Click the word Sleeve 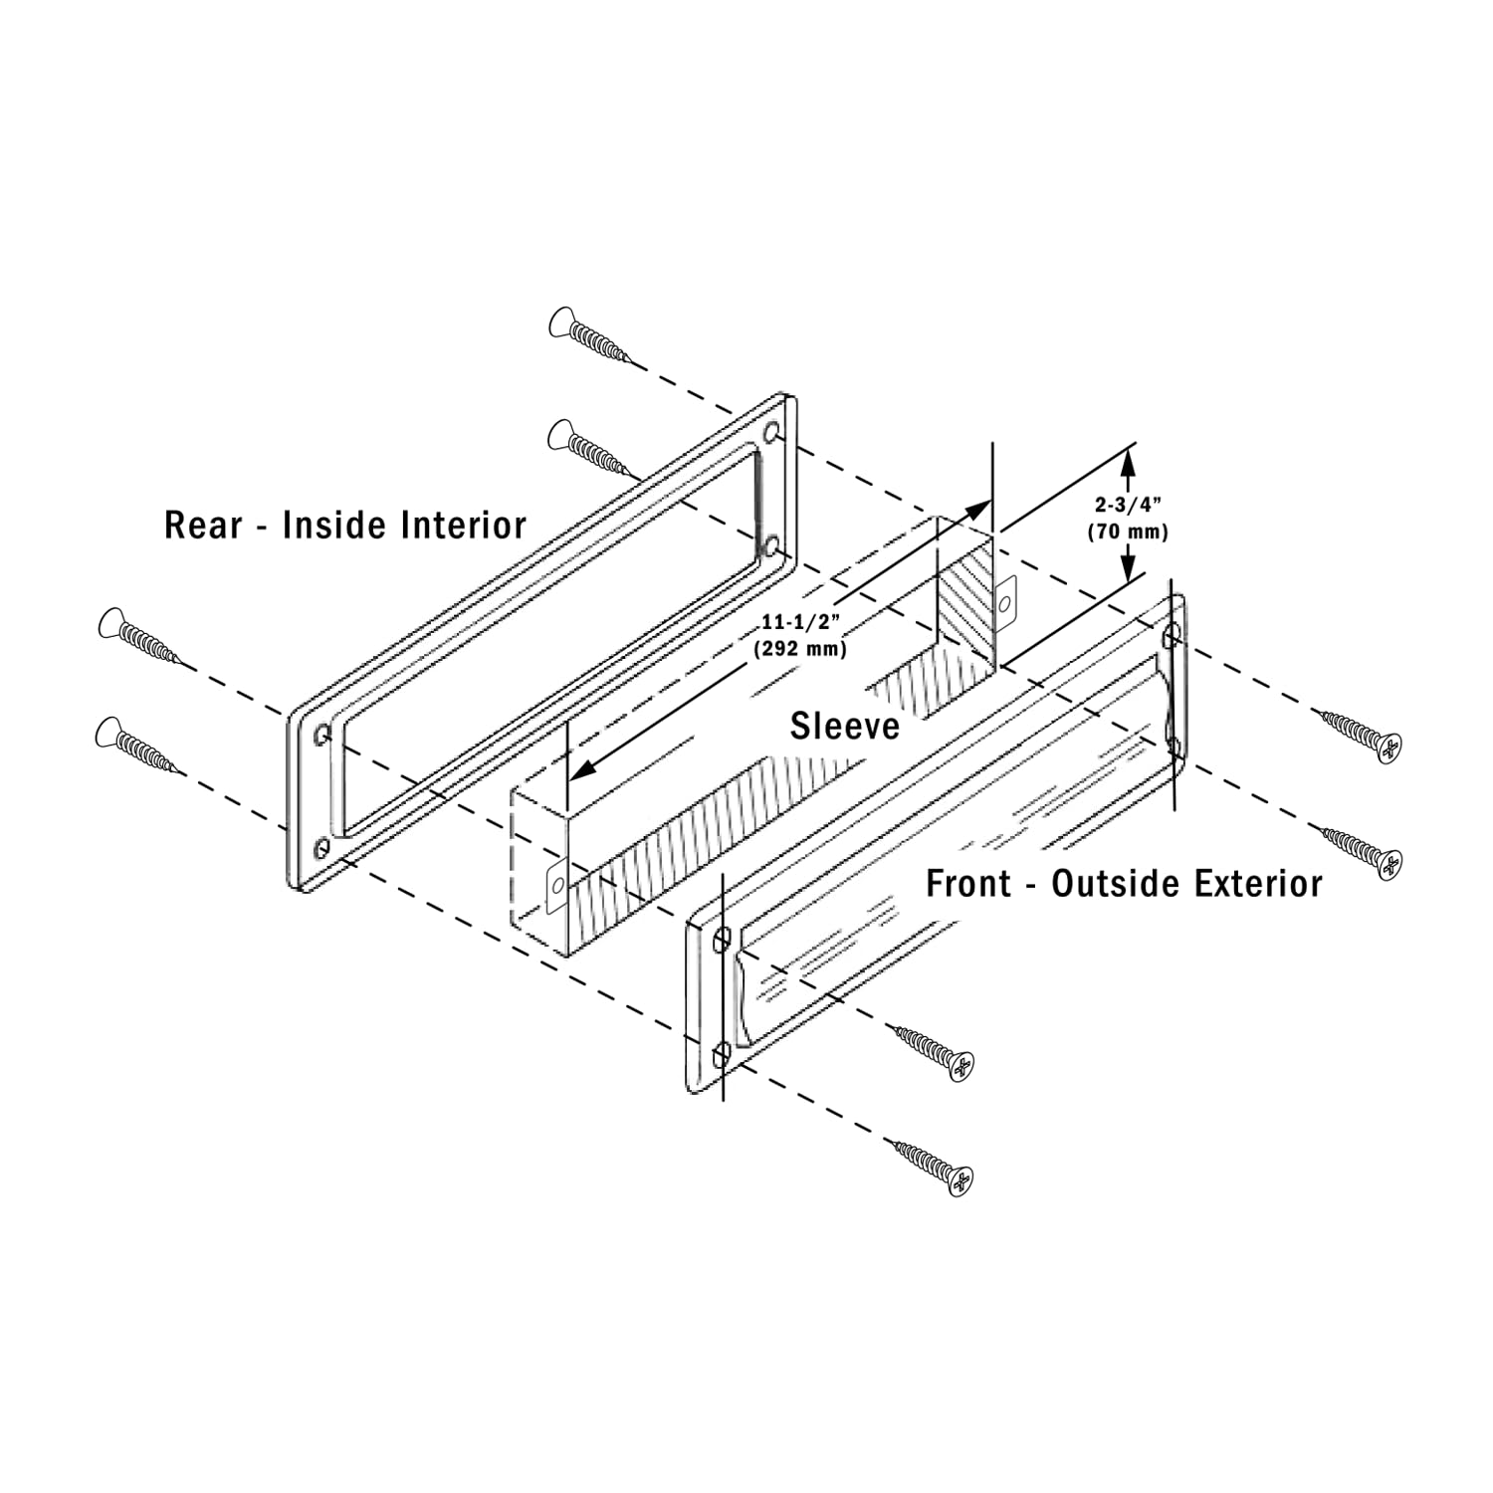click(x=845, y=726)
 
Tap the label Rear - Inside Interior click(x=344, y=525)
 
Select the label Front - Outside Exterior click(x=1124, y=883)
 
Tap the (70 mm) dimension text click(x=1127, y=532)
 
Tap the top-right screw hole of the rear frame click(x=771, y=436)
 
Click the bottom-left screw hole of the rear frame click(x=320, y=848)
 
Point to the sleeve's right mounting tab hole click(x=1004, y=603)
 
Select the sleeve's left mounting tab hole click(x=557, y=883)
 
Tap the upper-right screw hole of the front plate click(x=1172, y=632)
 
